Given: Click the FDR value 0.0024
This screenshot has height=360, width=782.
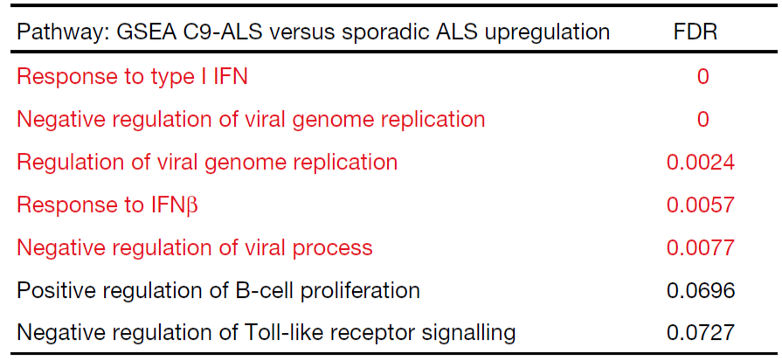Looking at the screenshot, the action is [x=700, y=163].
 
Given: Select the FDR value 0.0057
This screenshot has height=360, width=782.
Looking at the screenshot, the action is [x=700, y=205].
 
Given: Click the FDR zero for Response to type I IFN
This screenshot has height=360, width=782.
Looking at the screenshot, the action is [x=702, y=77].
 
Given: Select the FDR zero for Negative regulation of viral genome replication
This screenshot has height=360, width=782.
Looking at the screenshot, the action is [x=702, y=120].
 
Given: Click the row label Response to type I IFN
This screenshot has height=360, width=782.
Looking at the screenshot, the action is [x=132, y=77].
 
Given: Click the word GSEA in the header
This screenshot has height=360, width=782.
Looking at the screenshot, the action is [x=143, y=32].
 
